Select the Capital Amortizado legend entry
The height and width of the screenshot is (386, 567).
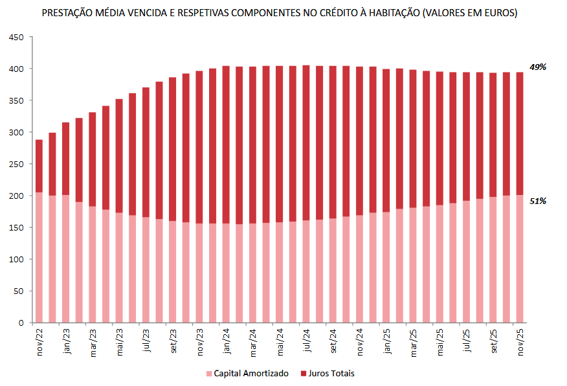coord(247,374)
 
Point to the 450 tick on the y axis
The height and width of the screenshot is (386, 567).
coord(17,38)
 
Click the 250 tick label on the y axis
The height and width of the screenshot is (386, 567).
coord(17,165)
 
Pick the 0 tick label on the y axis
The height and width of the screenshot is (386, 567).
coord(21,323)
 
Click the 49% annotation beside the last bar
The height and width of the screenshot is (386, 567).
coord(538,67)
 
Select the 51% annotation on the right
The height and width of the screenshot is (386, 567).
coord(538,201)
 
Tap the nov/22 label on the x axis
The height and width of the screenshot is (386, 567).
coord(39,341)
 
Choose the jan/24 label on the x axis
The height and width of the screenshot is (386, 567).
coord(227,341)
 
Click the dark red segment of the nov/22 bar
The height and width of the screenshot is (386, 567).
coord(39,166)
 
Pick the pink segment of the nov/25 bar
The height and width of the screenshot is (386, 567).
coord(519,258)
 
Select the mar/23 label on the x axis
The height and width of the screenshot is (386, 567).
coord(93,341)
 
